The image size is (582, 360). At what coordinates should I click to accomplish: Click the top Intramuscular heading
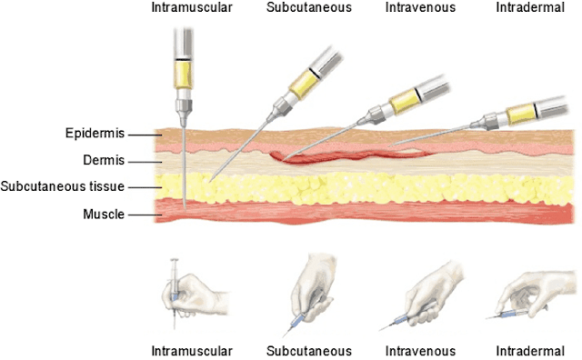(192, 9)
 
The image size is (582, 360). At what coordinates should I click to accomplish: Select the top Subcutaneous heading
(303, 9)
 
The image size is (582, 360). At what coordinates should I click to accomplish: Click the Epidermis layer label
(95, 135)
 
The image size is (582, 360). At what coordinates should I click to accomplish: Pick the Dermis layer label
(105, 161)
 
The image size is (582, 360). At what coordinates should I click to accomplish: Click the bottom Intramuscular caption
(192, 349)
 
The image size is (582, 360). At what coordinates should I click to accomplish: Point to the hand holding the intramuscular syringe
(186, 289)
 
